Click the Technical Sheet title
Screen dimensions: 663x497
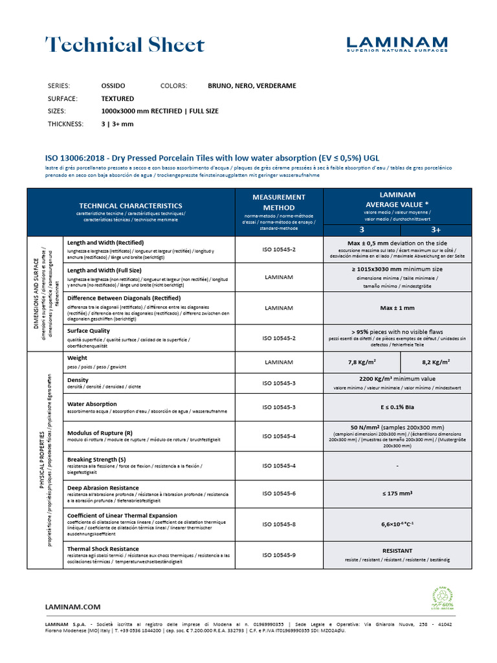click(125, 45)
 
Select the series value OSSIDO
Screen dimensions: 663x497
click(113, 85)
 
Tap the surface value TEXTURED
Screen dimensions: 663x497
click(117, 98)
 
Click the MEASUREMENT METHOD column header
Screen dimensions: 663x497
click(279, 201)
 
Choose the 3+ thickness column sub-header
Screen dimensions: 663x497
click(436, 230)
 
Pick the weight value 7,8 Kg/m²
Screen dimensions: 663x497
click(362, 363)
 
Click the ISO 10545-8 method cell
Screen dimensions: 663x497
click(279, 524)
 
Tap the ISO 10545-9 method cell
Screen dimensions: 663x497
click(279, 554)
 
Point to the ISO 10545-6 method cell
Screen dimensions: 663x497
click(279, 493)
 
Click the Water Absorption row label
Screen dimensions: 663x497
click(93, 404)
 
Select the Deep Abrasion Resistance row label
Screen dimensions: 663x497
click(103, 488)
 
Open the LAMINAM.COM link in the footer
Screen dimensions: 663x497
click(72, 607)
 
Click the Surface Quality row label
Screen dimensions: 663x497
click(89, 331)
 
